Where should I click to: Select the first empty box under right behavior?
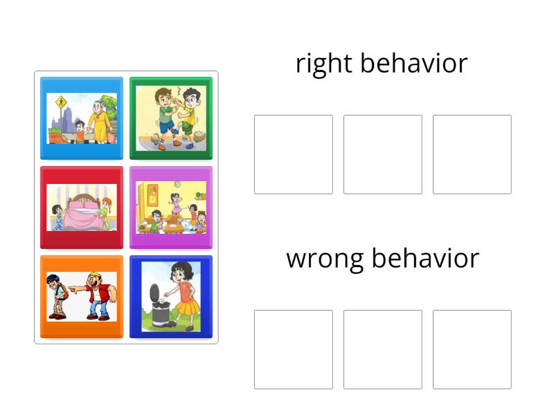pos(293,154)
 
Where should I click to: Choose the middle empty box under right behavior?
pos(382,154)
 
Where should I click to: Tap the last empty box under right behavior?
pos(472,154)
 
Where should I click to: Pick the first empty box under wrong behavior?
pos(293,349)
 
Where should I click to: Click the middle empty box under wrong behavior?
pos(382,349)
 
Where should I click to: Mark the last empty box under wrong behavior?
pos(472,349)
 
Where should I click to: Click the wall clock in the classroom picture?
pos(177,184)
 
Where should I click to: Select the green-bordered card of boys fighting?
pos(171,118)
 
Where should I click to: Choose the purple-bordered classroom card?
pos(171,207)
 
